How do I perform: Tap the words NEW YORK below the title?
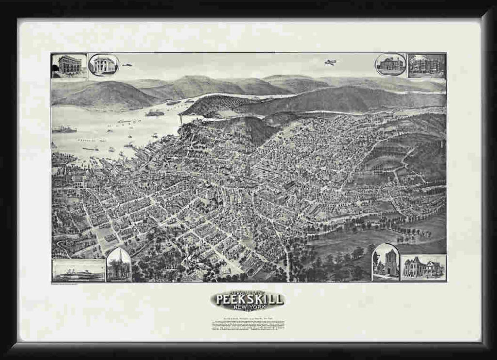[248, 307]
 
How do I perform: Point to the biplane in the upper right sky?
[330, 63]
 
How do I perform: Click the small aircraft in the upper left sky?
[127, 65]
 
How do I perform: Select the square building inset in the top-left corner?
[69, 65]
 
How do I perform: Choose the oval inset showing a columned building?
[104, 65]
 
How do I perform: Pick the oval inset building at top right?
[390, 65]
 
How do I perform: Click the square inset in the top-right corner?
[427, 65]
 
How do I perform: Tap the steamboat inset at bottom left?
[78, 271]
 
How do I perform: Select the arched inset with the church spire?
[119, 265]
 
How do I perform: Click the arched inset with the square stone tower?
[386, 263]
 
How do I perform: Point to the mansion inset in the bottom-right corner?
[423, 268]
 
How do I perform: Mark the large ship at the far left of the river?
[64, 130]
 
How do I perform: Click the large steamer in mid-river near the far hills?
[154, 114]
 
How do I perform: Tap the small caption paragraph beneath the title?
[248, 324]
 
